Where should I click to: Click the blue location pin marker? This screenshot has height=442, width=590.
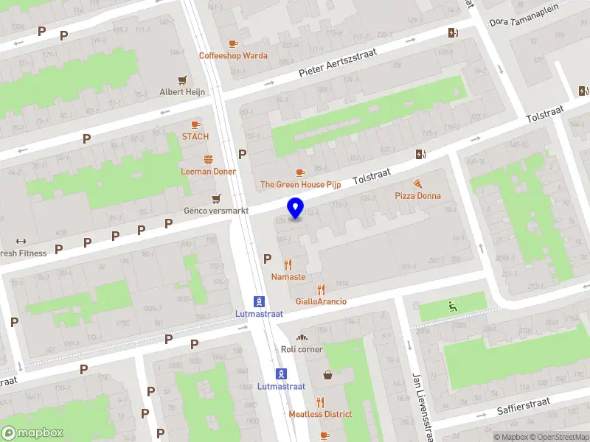click(295, 208)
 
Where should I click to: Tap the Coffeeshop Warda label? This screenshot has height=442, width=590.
click(233, 55)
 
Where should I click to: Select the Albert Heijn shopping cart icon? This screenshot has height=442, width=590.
click(182, 80)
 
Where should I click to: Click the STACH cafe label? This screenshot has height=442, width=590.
click(195, 136)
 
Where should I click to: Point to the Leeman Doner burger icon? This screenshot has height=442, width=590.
click(209, 159)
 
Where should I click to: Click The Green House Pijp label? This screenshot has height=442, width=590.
click(300, 184)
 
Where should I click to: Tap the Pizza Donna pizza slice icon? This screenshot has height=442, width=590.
click(417, 183)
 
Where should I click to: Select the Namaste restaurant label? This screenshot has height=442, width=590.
click(288, 277)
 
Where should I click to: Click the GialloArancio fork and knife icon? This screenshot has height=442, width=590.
click(320, 290)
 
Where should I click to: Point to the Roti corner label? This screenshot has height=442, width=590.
click(302, 349)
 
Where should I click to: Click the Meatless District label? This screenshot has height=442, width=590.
click(320, 414)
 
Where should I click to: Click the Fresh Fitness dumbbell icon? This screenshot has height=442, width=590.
click(20, 241)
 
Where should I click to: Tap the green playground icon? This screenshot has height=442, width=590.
click(452, 306)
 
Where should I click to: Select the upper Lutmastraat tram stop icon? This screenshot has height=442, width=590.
click(260, 301)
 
